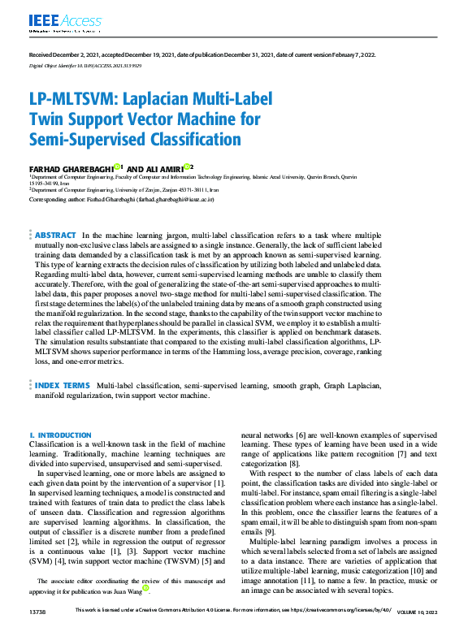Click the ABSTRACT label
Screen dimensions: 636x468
click(x=56, y=212)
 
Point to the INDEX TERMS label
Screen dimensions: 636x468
click(x=62, y=385)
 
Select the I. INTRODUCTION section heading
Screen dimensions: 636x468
click(x=59, y=435)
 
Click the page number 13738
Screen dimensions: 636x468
click(x=37, y=631)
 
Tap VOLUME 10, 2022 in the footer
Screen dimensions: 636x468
click(x=422, y=631)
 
